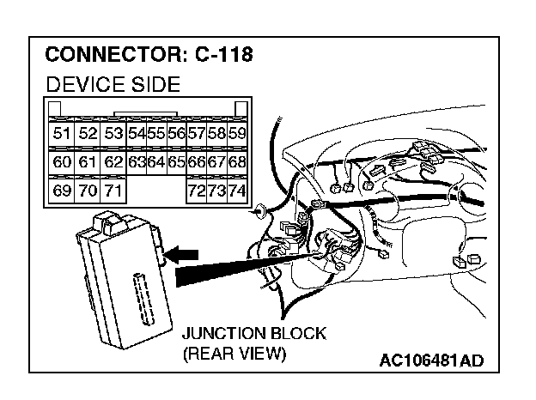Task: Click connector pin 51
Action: (x=62, y=133)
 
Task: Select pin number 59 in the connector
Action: (x=237, y=133)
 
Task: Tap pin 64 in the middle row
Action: (x=155, y=161)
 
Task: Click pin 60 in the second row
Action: (x=62, y=161)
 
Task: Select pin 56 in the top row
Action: (x=177, y=133)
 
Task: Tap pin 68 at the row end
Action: (x=237, y=161)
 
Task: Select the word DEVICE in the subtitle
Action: (x=82, y=84)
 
